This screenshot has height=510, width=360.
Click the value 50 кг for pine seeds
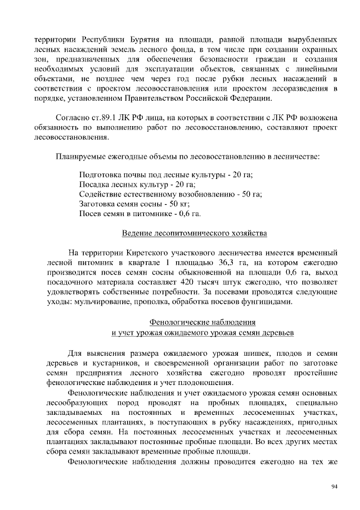pyautogui.click(x=178, y=204)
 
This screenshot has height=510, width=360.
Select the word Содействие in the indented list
pyautogui.click(x=101, y=194)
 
